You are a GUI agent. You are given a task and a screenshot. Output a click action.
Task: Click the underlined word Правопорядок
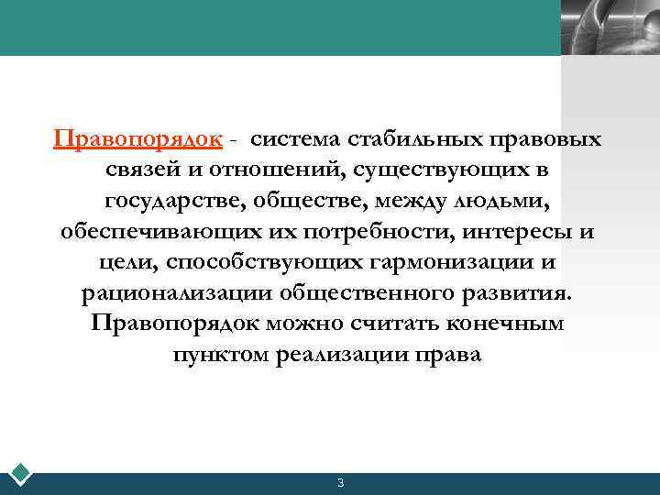click(137, 139)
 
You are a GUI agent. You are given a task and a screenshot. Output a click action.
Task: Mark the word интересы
click(509, 232)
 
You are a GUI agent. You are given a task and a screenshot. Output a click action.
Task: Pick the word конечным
click(513, 324)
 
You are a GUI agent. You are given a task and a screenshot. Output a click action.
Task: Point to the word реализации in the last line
click(341, 356)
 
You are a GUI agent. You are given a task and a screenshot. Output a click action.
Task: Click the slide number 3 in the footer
click(340, 483)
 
